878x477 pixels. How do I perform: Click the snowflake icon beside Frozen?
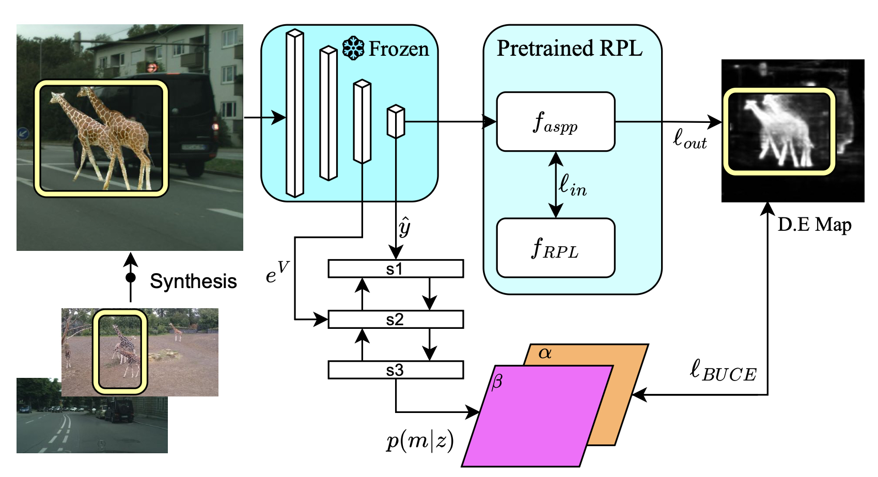click(x=353, y=49)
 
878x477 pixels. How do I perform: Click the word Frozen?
click(x=398, y=49)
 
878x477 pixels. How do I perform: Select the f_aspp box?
click(x=555, y=122)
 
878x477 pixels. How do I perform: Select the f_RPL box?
click(x=555, y=248)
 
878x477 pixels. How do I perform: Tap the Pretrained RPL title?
click(x=569, y=49)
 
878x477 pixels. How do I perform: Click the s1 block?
click(x=395, y=269)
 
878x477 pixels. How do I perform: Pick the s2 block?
click(x=395, y=320)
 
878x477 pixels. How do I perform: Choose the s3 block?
click(x=395, y=370)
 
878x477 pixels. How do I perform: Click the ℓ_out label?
click(x=689, y=138)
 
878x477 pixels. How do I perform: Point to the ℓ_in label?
click(x=572, y=185)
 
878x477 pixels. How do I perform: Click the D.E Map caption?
click(x=814, y=225)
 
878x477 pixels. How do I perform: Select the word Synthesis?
click(x=193, y=281)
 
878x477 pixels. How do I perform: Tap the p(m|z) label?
click(x=419, y=441)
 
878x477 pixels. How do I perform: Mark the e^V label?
click(x=277, y=274)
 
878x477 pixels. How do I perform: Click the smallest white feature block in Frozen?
click(x=396, y=122)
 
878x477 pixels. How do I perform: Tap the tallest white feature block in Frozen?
click(x=294, y=114)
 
